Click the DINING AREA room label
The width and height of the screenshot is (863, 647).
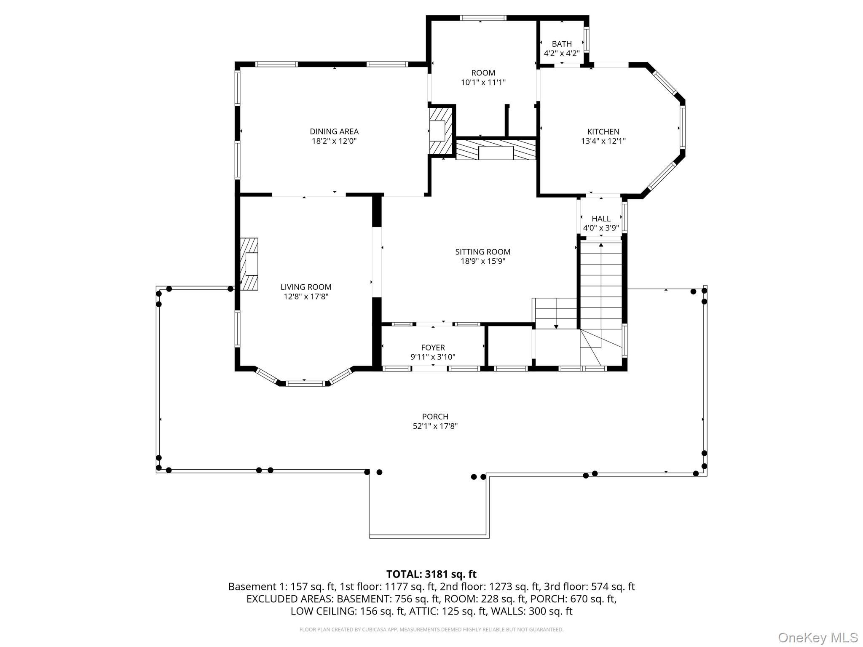point(334,131)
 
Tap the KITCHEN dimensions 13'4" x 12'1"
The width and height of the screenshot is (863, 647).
point(603,142)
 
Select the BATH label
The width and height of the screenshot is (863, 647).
point(562,44)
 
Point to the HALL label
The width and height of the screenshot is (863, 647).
point(601,219)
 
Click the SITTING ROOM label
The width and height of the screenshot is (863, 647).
point(482,252)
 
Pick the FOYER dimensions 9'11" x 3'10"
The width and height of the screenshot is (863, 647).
point(433,357)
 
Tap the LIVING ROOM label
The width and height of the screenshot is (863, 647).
point(306,287)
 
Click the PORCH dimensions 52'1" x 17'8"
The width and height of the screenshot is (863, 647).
point(435,426)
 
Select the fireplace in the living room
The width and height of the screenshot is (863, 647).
point(249,264)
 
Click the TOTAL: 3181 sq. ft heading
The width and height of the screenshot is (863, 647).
point(431,574)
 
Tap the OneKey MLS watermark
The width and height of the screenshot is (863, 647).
point(817,637)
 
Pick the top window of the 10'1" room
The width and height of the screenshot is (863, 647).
point(482,18)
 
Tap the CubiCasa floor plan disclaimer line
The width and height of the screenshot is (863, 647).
point(431,630)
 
